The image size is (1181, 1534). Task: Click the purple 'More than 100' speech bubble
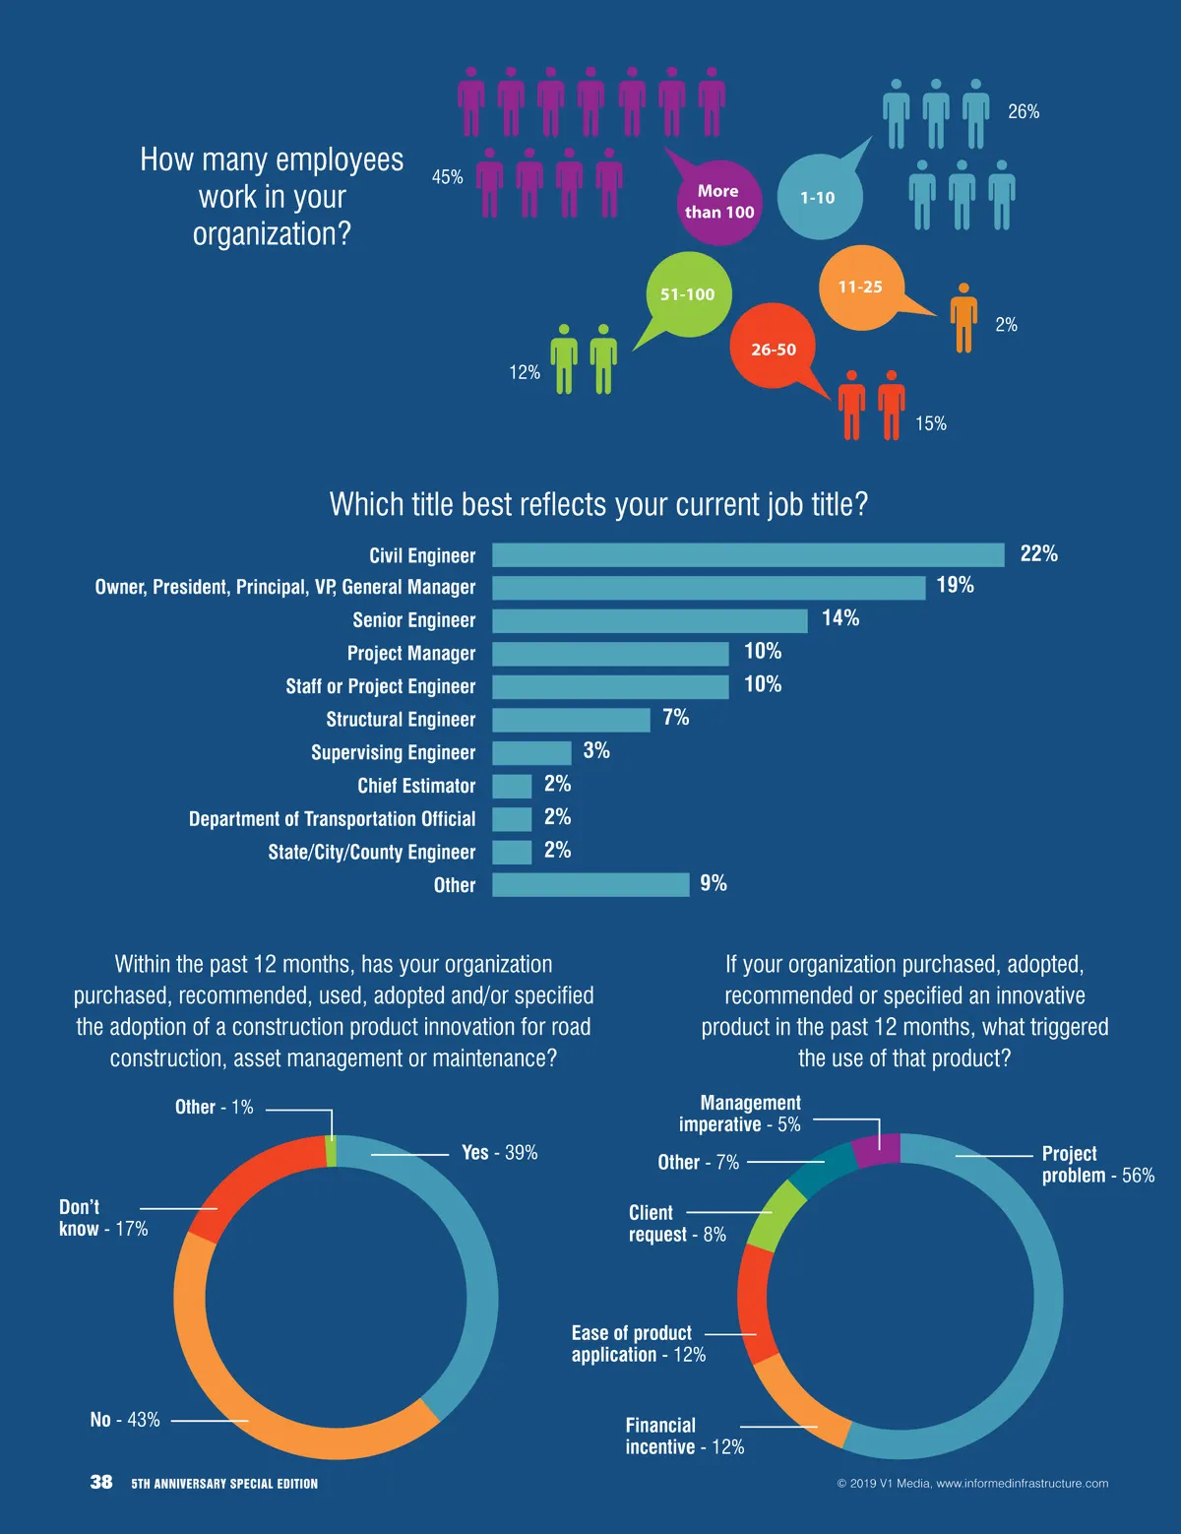[x=718, y=202]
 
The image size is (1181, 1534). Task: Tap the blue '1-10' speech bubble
[x=819, y=197]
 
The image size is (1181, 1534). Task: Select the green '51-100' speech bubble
[x=688, y=293]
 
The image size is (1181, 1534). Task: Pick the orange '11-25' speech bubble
[x=861, y=287]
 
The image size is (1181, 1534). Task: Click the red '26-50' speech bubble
[x=774, y=349]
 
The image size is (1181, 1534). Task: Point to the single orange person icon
[x=963, y=318]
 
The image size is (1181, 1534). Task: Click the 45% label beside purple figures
[x=447, y=177]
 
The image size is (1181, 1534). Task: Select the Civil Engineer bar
[x=748, y=555]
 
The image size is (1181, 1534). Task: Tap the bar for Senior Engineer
[x=650, y=620]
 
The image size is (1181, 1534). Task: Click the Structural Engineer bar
[x=571, y=720]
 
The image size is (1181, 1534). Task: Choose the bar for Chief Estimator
[x=512, y=786]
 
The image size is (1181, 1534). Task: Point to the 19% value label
[x=955, y=586]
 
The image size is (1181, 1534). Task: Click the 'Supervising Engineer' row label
[x=393, y=753]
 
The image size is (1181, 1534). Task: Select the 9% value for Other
[x=714, y=884]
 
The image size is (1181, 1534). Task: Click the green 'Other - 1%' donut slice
[x=331, y=1151]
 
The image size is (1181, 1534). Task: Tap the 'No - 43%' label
[x=125, y=1420]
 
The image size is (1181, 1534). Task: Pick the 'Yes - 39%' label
[x=500, y=1153]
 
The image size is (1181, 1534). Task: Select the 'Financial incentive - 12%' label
[x=684, y=1437]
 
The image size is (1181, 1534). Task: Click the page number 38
[x=101, y=1482]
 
